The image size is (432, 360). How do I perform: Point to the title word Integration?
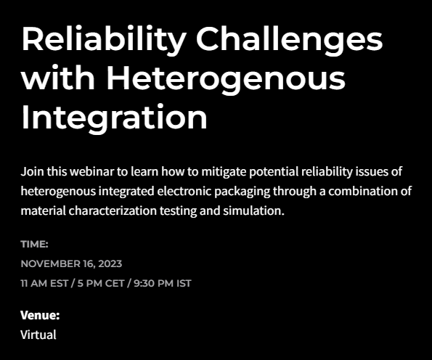click(114, 117)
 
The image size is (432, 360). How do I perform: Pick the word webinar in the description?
click(91, 171)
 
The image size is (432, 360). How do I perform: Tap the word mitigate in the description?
click(224, 172)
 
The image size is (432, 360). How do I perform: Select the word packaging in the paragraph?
click(243, 192)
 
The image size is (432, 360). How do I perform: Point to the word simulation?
click(253, 211)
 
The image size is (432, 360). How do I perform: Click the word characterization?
click(113, 211)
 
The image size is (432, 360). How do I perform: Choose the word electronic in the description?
click(184, 191)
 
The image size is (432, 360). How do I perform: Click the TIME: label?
click(34, 245)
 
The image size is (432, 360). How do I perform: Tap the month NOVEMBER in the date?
click(50, 264)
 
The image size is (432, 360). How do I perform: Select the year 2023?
click(110, 264)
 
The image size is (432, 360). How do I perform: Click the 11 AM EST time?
click(44, 284)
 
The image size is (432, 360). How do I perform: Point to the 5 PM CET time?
click(101, 284)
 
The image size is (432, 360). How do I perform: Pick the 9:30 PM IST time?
click(163, 284)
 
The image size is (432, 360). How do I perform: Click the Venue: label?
click(40, 315)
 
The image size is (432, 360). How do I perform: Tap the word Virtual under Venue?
click(38, 335)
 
